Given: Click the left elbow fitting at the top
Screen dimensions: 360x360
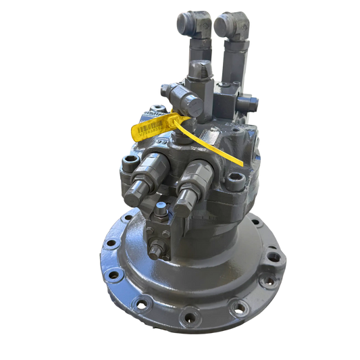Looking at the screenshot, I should (190, 24).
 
